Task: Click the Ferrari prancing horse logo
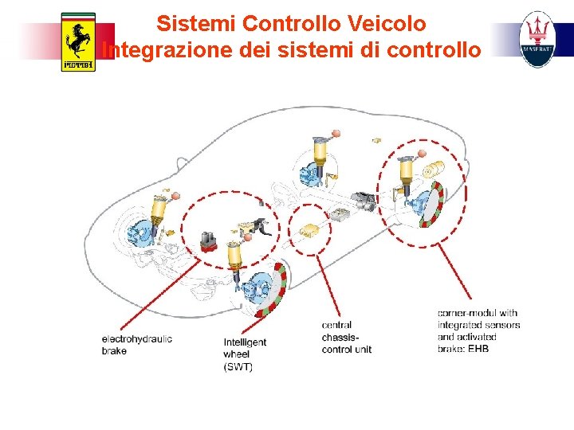point(78,42)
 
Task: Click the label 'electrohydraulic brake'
point(136,345)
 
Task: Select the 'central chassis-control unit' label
point(346,337)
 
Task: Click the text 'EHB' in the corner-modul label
point(478,349)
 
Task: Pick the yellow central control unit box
point(309,231)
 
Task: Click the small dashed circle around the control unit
point(309,229)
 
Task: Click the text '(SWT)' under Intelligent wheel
point(238,367)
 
